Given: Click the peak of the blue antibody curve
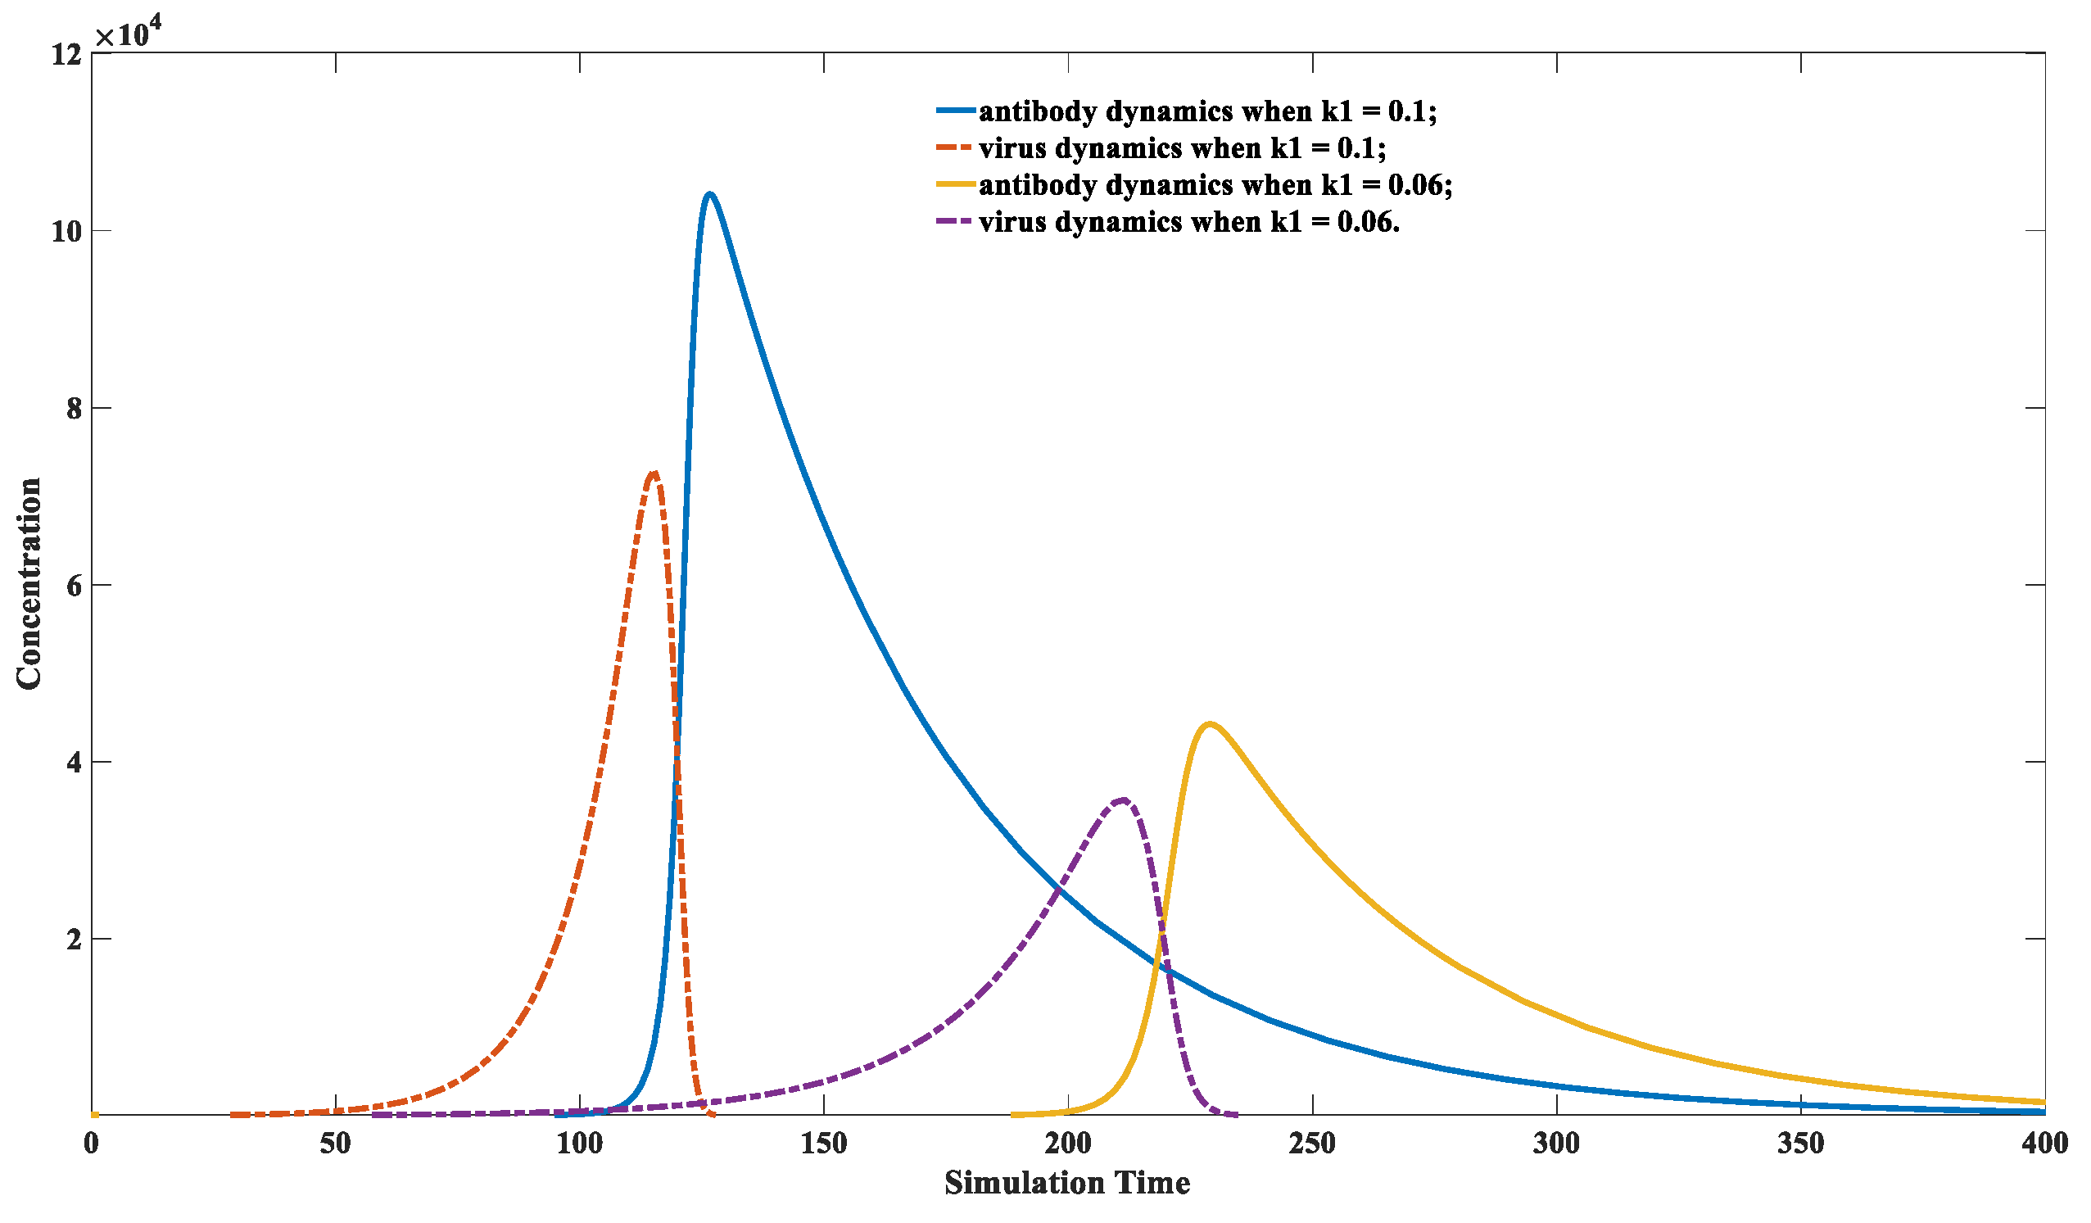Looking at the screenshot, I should pyautogui.click(x=709, y=194).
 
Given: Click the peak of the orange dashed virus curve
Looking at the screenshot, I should pyautogui.click(x=653, y=473).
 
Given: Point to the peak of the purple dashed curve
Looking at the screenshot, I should pyautogui.click(x=1123, y=799).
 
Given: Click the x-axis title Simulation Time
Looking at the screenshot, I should pyautogui.click(x=1067, y=1182).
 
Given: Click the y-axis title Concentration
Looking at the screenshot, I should pyautogui.click(x=29, y=583).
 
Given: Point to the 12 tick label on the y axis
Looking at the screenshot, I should pyautogui.click(x=66, y=55).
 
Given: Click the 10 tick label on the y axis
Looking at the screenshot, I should pyautogui.click(x=66, y=232).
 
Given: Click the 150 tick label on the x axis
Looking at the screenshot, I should pyautogui.click(x=824, y=1144).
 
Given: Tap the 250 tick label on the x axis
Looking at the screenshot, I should pyautogui.click(x=1312, y=1144).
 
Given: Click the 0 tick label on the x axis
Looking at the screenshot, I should pyautogui.click(x=91, y=1144).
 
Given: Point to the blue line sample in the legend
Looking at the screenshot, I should pyautogui.click(x=955, y=111).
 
